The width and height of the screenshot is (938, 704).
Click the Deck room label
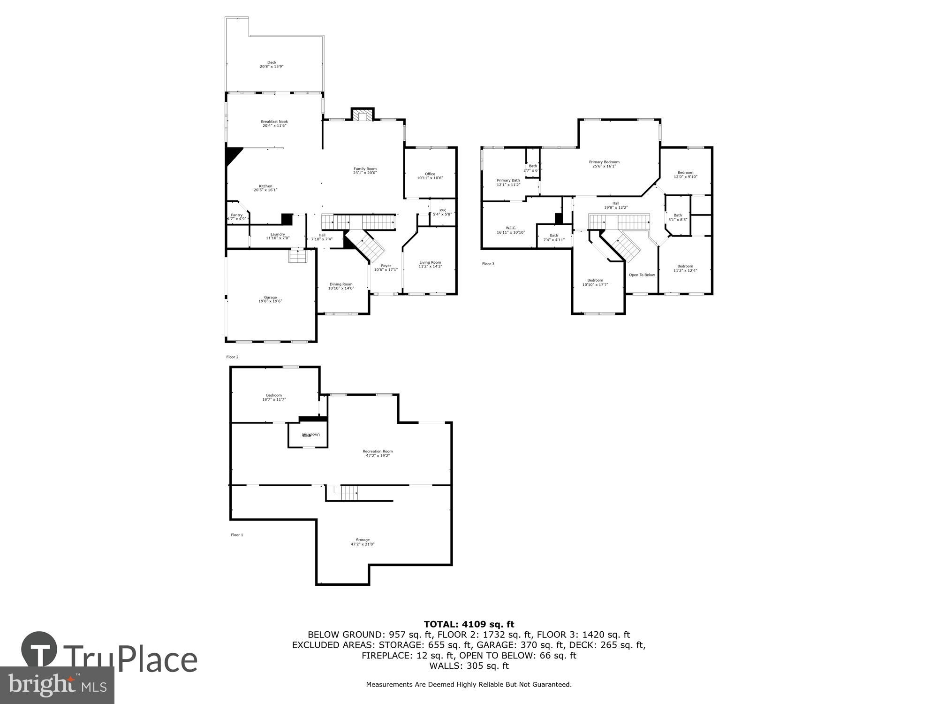coord(272,62)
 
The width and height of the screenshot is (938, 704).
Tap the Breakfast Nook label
coord(274,122)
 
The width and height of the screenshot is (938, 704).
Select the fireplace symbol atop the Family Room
coord(362,115)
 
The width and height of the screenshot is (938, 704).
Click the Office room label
coord(430,174)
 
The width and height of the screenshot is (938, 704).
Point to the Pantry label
coord(237,215)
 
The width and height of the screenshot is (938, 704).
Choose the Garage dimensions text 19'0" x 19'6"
coord(270,301)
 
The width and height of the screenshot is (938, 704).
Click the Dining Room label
coord(341,284)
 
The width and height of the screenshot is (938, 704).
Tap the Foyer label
coord(386,266)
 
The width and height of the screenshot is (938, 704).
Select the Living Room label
coord(430,262)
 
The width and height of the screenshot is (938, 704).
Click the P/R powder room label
coord(442,210)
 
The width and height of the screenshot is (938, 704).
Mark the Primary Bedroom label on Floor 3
coord(604,162)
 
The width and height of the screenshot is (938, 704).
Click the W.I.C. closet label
coord(511,228)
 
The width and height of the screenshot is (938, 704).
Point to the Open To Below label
coord(642,275)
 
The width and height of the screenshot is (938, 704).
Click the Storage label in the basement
coord(363,540)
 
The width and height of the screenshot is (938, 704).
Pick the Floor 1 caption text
coord(237,535)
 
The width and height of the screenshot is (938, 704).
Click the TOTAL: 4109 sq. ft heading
coord(469,624)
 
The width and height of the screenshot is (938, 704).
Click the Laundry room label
coord(278,234)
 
